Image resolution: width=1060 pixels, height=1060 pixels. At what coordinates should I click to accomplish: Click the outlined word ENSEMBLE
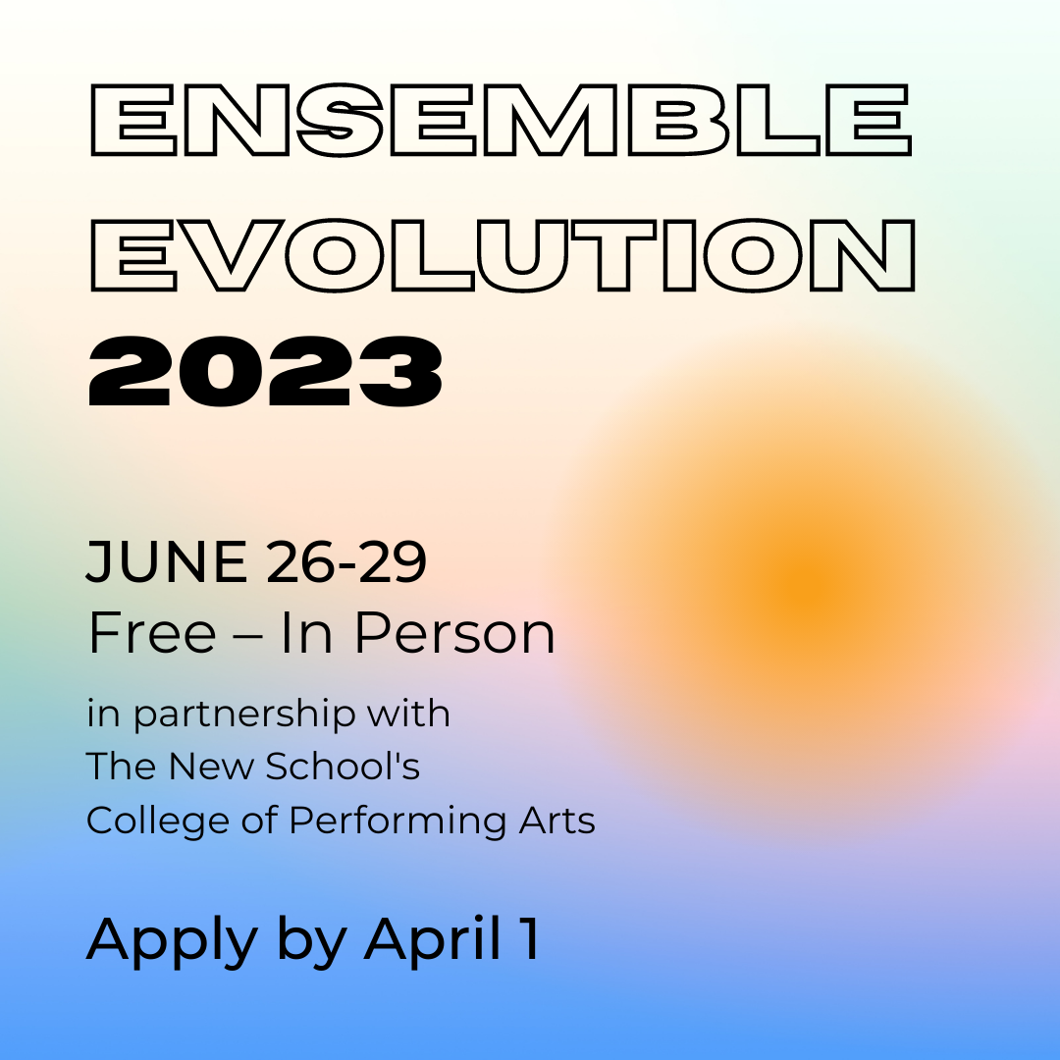[501, 120]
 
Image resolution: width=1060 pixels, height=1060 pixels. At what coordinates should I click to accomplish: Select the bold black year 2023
[265, 373]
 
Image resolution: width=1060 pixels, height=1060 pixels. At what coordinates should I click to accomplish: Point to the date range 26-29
[344, 563]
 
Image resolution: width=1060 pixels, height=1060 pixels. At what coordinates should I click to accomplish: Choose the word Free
[151, 633]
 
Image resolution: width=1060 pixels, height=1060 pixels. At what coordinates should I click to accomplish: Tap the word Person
[454, 633]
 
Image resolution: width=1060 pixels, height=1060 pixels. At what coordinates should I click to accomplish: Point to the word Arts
[557, 821]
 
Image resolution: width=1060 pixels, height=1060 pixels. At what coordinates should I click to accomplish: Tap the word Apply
[172, 940]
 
